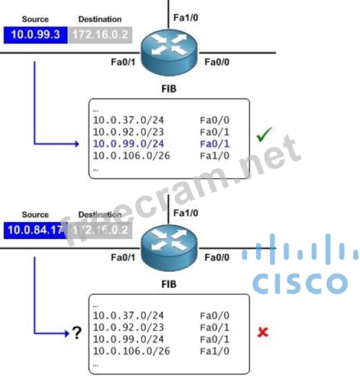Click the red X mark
(263, 332)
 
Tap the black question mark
(77, 334)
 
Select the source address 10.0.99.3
(35, 34)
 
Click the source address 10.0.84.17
(34, 229)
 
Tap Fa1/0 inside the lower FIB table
(215, 351)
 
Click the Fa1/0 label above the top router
(185, 17)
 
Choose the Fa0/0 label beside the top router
(217, 61)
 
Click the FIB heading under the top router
(168, 89)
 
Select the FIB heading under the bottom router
(169, 284)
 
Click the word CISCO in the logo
(300, 284)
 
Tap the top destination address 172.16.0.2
(100, 34)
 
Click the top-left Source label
(35, 19)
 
